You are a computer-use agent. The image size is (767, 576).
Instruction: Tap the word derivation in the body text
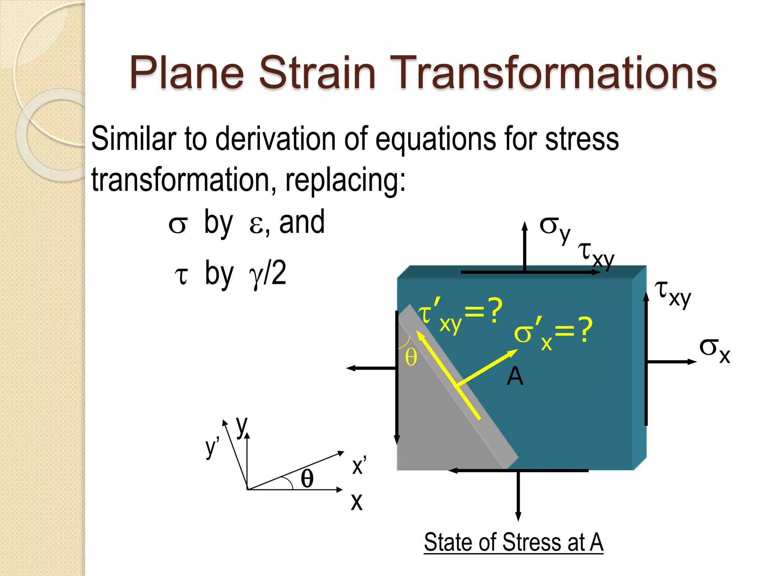point(275,139)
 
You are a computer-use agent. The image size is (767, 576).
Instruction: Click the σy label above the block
point(555,229)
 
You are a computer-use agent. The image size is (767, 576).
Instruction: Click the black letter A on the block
point(515,376)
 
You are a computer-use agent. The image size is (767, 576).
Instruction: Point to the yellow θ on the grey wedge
point(411,357)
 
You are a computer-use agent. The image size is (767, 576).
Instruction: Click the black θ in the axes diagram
point(307,479)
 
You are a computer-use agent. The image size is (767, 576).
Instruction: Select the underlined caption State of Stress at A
point(513,542)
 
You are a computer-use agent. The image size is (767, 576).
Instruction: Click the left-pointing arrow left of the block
point(371,368)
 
